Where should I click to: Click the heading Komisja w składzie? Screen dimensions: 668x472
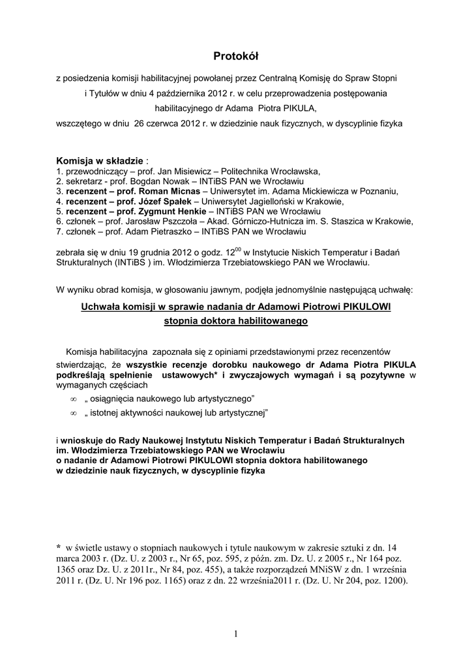coord(100,160)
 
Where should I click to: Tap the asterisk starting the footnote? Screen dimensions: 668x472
coord(59,548)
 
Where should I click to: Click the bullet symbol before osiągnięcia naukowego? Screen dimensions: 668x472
coord(73,399)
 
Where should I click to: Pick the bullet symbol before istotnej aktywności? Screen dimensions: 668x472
coord(73,414)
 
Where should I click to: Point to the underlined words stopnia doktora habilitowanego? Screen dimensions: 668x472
coord(236,322)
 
